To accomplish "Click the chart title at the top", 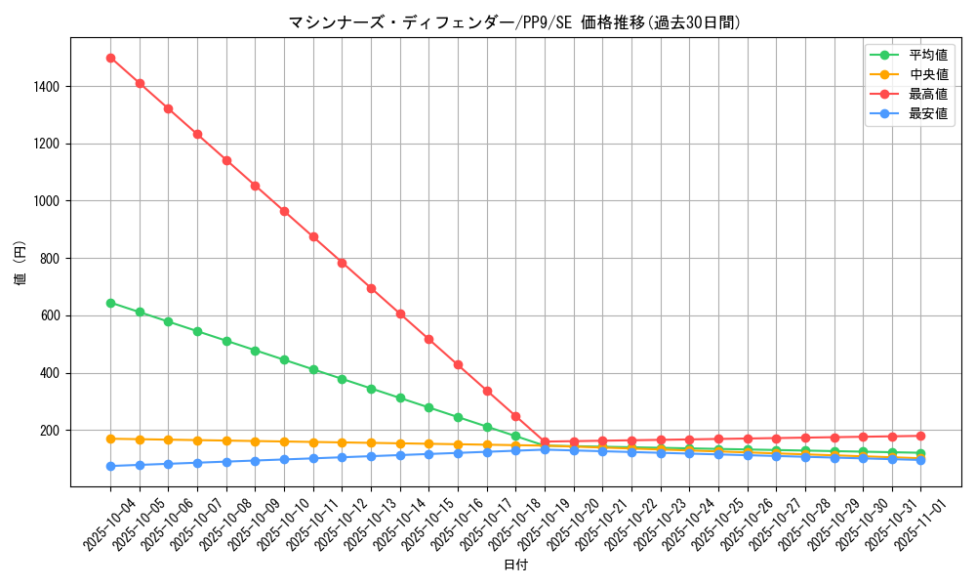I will (514, 21).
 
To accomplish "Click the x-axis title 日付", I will (514, 565).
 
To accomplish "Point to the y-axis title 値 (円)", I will (20, 263).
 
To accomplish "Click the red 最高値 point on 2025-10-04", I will (110, 58).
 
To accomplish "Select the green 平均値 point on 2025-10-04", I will (110, 303).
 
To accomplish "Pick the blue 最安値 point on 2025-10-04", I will (110, 466).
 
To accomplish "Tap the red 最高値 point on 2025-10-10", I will (284, 211).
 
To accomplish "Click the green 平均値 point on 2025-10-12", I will (342, 379).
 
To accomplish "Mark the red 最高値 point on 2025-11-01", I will (920, 436).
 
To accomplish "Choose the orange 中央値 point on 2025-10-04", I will (110, 439).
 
